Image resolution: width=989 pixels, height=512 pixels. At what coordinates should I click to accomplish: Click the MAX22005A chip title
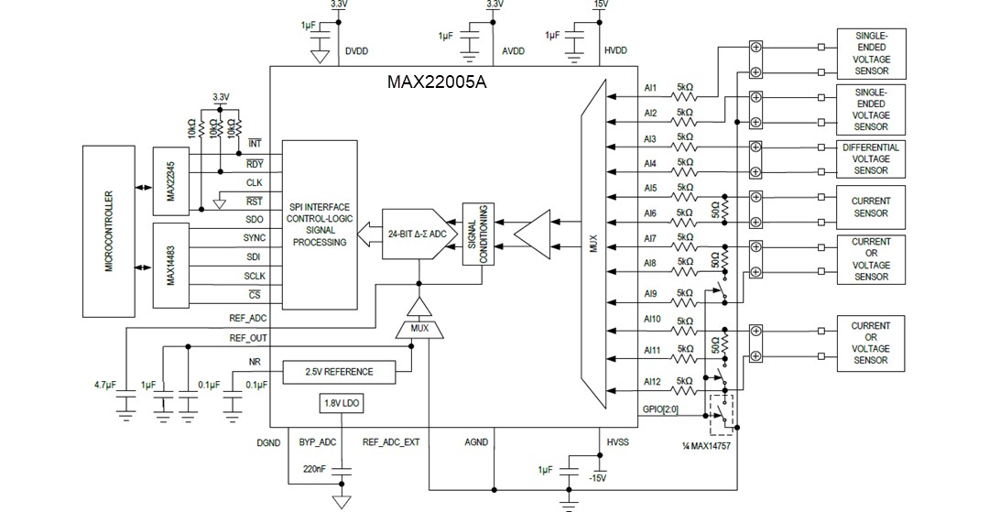pyautogui.click(x=436, y=81)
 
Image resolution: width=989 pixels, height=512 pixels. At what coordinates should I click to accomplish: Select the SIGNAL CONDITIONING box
pyautogui.click(x=478, y=234)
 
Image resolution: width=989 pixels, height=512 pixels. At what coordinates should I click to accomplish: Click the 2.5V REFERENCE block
pyautogui.click(x=340, y=371)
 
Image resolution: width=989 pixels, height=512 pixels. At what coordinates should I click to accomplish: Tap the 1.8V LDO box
pyautogui.click(x=340, y=403)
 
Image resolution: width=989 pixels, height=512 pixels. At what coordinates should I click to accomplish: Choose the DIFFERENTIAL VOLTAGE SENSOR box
pyautogui.click(x=870, y=158)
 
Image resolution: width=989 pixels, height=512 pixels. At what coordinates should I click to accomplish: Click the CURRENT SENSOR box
pyautogui.click(x=870, y=207)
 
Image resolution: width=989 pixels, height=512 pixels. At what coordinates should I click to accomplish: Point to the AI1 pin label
pyautogui.click(x=650, y=89)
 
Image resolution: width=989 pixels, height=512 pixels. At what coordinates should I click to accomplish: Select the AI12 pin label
pyautogui.click(x=651, y=381)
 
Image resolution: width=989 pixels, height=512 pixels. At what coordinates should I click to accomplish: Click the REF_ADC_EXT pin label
pyautogui.click(x=391, y=441)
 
